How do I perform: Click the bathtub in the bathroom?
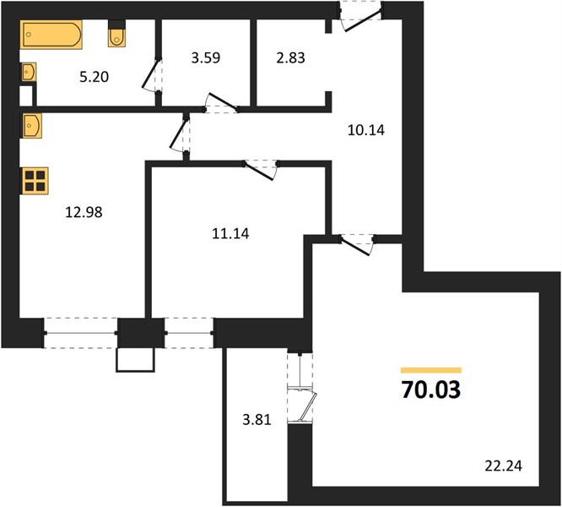coord(51,35)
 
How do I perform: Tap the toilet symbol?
coord(116,33)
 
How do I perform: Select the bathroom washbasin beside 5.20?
coord(28,72)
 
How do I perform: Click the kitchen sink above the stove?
coord(31,126)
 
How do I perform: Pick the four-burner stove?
coord(35,181)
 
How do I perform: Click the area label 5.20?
coord(94,77)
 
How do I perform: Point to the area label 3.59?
coord(205,57)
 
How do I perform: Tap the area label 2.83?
coord(290,57)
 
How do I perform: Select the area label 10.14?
coord(366,130)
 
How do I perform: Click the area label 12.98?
coord(84,212)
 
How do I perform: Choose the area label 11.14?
coord(230,234)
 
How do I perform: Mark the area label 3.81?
coord(257,419)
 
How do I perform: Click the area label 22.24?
coord(503,466)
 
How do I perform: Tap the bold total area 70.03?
coord(431,390)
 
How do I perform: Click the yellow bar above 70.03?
coord(431,370)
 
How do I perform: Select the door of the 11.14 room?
coord(261,170)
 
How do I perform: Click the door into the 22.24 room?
coord(357,245)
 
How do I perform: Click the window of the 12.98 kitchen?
coord(81,333)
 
